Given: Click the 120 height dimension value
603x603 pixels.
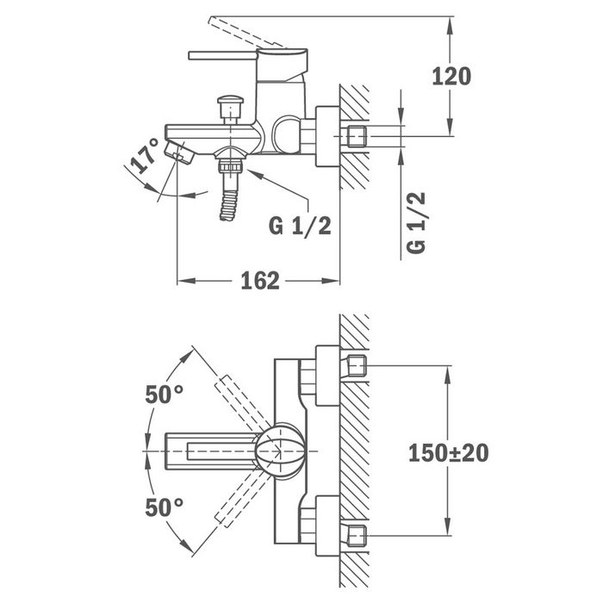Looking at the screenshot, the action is coord(451,76).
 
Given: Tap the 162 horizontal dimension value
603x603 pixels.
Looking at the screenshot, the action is coord(260,281).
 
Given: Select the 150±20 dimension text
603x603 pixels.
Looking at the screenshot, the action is coord(449,452).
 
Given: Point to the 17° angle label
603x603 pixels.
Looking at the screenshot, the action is coord(145,155).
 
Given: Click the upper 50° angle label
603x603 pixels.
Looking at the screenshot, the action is coord(165,395).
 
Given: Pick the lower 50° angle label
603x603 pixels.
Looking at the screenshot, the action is coord(165,507).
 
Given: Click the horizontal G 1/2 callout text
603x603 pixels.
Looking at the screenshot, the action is coord(300,226).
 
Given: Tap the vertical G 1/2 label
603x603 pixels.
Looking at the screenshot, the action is coord(416,222).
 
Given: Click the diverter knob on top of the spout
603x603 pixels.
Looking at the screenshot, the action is coord(230,109).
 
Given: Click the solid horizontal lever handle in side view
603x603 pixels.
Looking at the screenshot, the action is coord(222,56).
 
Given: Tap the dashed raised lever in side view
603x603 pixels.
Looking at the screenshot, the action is coord(247,33).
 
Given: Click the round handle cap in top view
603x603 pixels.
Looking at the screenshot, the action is coord(282,449).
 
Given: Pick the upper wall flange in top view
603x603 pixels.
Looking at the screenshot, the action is coord(327,376).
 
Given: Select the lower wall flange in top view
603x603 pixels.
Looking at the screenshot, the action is coord(327,525).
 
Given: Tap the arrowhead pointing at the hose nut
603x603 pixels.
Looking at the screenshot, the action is coord(255,175).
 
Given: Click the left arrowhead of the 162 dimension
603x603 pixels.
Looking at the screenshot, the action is coord(187,281).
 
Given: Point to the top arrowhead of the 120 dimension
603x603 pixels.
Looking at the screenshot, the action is coord(450,26).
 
